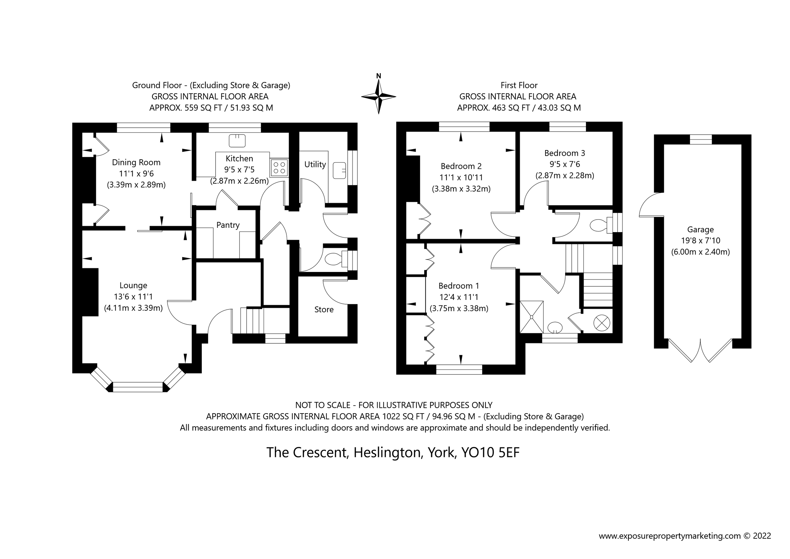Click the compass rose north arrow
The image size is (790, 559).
(379, 96)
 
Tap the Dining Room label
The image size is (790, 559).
(136, 163)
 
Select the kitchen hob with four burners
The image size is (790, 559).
(279, 168)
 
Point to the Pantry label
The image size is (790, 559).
(228, 225)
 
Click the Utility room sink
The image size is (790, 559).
(339, 171)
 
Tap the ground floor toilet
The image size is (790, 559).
(333, 259)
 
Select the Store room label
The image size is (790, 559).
(324, 310)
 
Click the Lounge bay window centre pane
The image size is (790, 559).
(138, 387)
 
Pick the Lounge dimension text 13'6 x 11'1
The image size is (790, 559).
(133, 297)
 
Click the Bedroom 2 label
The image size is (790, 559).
(461, 167)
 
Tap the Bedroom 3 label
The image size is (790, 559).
(565, 153)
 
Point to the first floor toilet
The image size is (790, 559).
(598, 226)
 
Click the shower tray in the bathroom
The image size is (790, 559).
(532, 317)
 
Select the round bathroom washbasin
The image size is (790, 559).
(554, 327)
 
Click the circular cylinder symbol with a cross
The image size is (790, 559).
(602, 323)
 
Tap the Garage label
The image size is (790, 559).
(700, 229)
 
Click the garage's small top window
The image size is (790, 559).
(701, 139)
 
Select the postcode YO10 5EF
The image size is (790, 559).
(490, 452)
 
